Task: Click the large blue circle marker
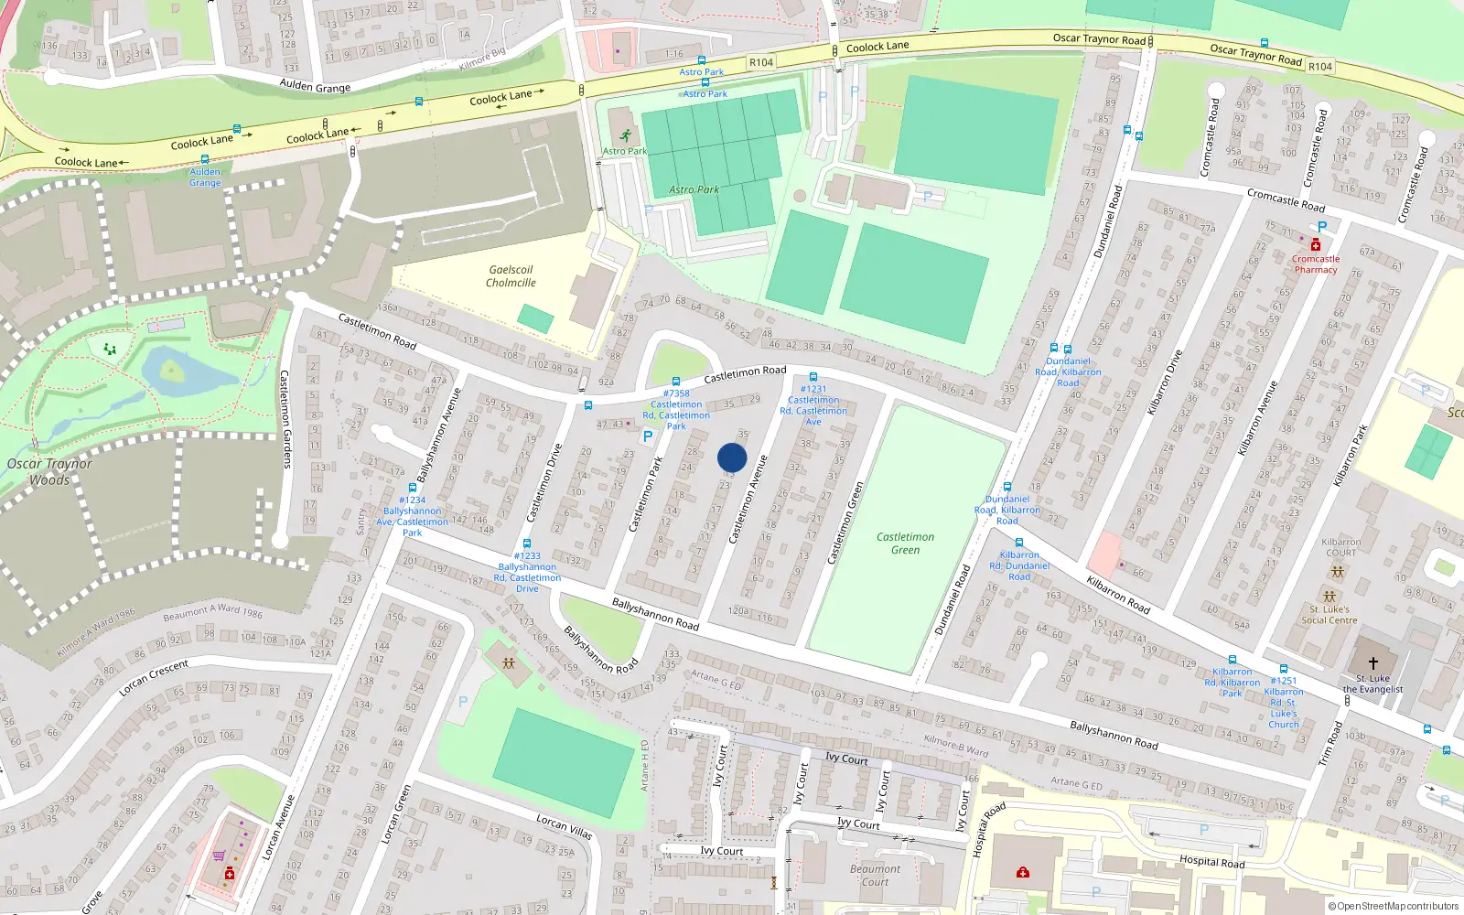click(x=732, y=457)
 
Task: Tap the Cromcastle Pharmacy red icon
click(x=1315, y=245)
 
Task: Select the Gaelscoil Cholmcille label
click(x=511, y=276)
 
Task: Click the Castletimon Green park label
click(x=905, y=544)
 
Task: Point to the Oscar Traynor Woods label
click(x=49, y=471)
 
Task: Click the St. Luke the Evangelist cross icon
click(x=1372, y=663)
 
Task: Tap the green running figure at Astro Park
click(x=625, y=136)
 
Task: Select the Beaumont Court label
click(x=875, y=876)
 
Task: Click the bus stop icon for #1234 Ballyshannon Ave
click(x=413, y=488)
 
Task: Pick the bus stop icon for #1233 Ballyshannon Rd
click(x=527, y=544)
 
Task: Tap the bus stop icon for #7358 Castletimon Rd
click(x=676, y=382)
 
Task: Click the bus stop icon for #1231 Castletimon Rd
click(x=813, y=377)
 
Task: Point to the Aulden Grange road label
click(x=315, y=87)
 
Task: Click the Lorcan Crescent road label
click(x=154, y=677)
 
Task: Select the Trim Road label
click(x=1329, y=744)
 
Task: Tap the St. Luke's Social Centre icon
click(x=1329, y=597)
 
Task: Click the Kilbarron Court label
click(x=1340, y=547)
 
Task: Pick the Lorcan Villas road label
click(x=565, y=827)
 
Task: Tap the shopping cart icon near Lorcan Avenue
click(x=219, y=856)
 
